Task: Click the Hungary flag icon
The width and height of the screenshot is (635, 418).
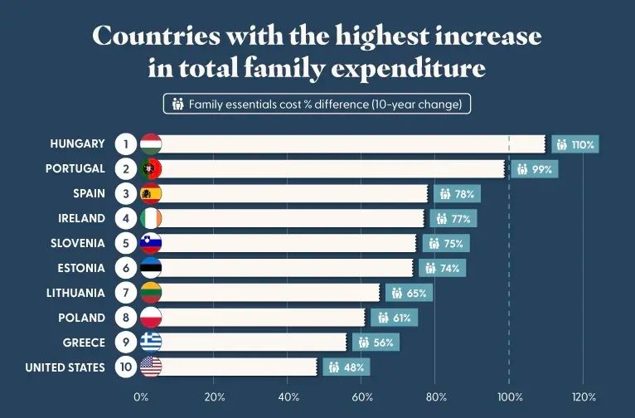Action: tap(151, 143)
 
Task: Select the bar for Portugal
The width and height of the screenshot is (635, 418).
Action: tap(332, 168)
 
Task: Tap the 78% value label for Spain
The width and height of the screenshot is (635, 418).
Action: tap(457, 194)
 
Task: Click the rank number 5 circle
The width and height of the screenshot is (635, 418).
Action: tap(125, 243)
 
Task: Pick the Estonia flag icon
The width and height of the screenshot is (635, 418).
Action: tap(151, 268)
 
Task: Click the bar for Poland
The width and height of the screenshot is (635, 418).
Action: tap(261, 318)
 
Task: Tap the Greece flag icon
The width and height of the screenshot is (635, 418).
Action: tap(151, 343)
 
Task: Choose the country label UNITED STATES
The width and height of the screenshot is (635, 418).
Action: tap(65, 367)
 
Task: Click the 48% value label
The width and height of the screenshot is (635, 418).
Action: tap(343, 367)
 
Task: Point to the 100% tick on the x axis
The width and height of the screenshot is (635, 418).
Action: tap(510, 396)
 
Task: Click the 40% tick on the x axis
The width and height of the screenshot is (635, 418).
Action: tap(288, 396)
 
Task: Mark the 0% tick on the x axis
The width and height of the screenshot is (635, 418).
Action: tap(141, 396)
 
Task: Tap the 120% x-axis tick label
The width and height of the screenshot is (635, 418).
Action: tap(584, 396)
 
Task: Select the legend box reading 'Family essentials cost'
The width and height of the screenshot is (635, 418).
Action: tap(317, 104)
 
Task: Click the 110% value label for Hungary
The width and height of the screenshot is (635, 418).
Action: tap(574, 144)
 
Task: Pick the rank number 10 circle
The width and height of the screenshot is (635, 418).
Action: tap(125, 367)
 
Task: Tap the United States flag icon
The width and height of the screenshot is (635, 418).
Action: tap(151, 367)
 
